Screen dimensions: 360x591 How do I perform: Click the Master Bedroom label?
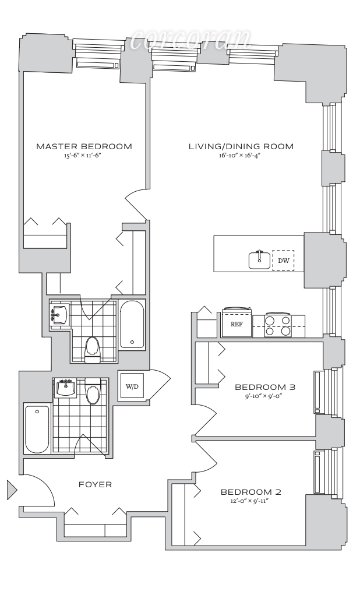[84, 146]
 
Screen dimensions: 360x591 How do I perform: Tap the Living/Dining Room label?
[241, 146]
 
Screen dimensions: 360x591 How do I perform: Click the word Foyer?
[95, 484]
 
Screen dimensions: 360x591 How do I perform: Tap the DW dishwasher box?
[284, 261]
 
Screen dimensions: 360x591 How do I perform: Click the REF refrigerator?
[236, 324]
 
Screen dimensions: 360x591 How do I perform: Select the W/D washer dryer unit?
[131, 386]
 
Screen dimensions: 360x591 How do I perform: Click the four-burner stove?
[278, 325]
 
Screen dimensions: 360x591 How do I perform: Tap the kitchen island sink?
[260, 259]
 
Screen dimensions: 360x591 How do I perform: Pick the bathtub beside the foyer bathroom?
[37, 429]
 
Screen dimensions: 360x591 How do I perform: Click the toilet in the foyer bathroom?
[93, 393]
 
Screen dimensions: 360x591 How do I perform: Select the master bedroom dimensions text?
[84, 156]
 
